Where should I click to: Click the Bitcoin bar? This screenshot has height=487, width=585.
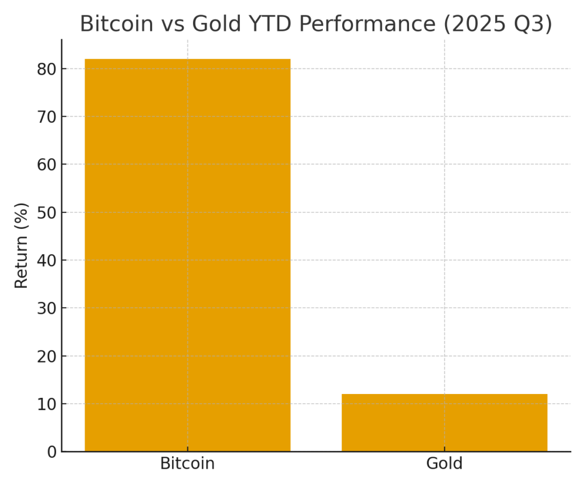[x=187, y=255]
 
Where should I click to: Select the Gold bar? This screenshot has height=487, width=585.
[x=444, y=422]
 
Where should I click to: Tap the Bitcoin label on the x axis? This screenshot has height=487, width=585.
[x=187, y=464]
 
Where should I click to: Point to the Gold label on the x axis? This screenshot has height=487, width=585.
[x=444, y=464]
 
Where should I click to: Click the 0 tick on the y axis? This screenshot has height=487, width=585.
[x=52, y=452]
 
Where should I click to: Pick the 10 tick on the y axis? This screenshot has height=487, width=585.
[x=48, y=404]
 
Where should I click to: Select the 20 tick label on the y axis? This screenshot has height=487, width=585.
[x=48, y=356]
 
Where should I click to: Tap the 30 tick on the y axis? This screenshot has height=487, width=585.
[x=48, y=308]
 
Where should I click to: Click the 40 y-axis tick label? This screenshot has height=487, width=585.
[x=48, y=260]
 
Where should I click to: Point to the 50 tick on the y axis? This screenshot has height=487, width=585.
[x=48, y=212]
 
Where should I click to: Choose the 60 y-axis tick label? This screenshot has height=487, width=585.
[x=48, y=164]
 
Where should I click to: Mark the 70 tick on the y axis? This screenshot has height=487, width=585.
[x=48, y=116]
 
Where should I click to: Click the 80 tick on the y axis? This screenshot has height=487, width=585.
[x=48, y=69]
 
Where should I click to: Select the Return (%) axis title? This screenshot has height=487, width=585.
[x=21, y=245]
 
